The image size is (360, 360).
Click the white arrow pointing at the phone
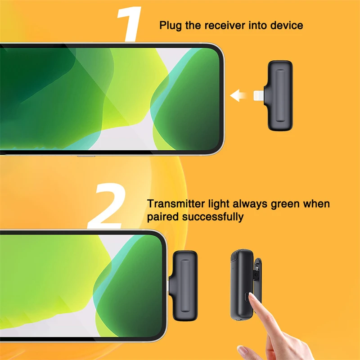(238, 95)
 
